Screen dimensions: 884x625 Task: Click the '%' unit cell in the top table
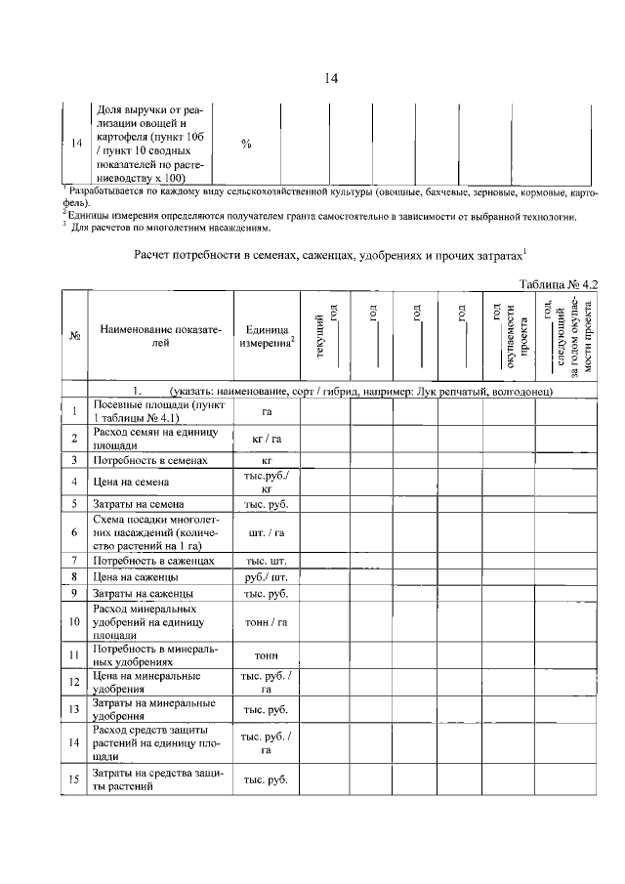tap(246, 144)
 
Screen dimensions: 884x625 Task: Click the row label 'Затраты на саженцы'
tap(142, 593)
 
